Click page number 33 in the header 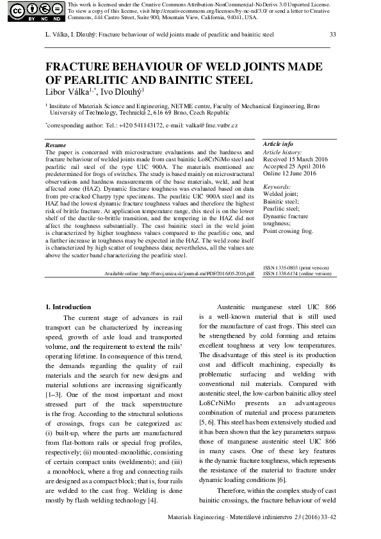coord(332,34)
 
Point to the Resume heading coord(56,146)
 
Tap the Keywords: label coord(277,186)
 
